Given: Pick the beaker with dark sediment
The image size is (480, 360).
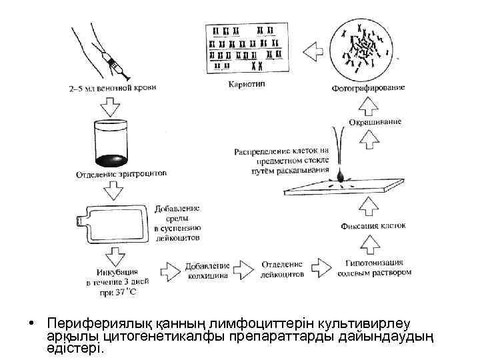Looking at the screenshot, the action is (111, 144).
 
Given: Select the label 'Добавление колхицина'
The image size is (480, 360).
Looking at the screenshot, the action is (208, 270).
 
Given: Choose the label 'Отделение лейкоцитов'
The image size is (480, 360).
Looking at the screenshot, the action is (281, 269).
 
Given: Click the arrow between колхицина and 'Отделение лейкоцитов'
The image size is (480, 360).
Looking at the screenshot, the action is (245, 269).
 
